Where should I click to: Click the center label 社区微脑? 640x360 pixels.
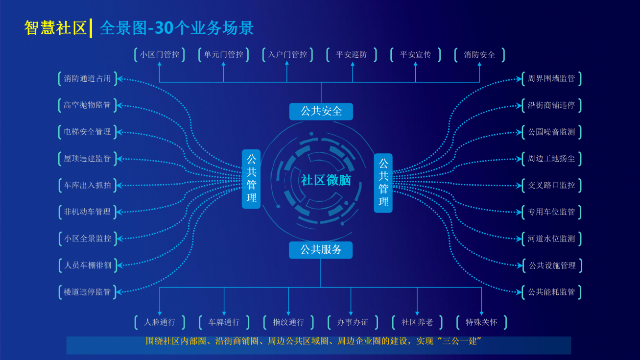[326, 180]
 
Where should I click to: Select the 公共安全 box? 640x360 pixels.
[321, 112]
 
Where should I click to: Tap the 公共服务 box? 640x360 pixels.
[321, 250]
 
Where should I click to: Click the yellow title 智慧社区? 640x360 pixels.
[55, 28]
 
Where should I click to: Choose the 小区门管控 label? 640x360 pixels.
[160, 55]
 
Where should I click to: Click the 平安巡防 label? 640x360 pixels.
[352, 55]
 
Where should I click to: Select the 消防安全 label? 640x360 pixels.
[479, 55]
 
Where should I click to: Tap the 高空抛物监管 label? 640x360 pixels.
[88, 105]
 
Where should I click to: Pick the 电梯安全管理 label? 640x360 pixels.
[88, 132]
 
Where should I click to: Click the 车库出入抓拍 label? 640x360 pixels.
[88, 185]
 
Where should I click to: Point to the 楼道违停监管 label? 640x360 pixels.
[88, 292]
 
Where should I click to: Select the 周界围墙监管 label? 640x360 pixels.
[551, 78]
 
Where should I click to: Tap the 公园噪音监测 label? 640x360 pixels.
[551, 132]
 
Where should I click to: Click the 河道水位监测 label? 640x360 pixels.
[551, 239]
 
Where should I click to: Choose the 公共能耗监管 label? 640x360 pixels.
[551, 292]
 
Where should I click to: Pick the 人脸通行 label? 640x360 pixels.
[160, 322]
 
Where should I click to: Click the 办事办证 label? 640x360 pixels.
[353, 322]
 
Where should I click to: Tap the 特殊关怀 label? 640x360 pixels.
[481, 322]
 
